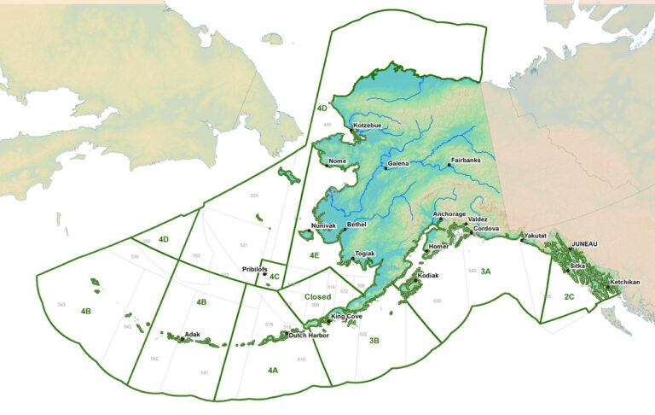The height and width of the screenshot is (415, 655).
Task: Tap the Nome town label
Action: (338, 160)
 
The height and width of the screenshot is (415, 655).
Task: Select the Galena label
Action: (398, 163)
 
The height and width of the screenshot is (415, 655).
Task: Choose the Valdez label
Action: (478, 219)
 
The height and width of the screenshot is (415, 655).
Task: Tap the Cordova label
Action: (486, 229)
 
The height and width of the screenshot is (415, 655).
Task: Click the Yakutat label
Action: (536, 235)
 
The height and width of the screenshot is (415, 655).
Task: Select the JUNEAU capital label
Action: (585, 243)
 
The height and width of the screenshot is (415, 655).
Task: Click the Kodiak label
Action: (428, 276)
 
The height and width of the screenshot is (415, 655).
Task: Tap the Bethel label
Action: (357, 224)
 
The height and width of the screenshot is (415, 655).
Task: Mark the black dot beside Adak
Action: (183, 339)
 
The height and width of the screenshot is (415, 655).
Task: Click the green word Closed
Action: (317, 297)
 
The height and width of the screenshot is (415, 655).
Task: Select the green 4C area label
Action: (274, 276)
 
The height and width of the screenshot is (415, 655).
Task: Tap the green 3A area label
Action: (485, 271)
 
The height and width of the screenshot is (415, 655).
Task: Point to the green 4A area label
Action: (272, 370)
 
